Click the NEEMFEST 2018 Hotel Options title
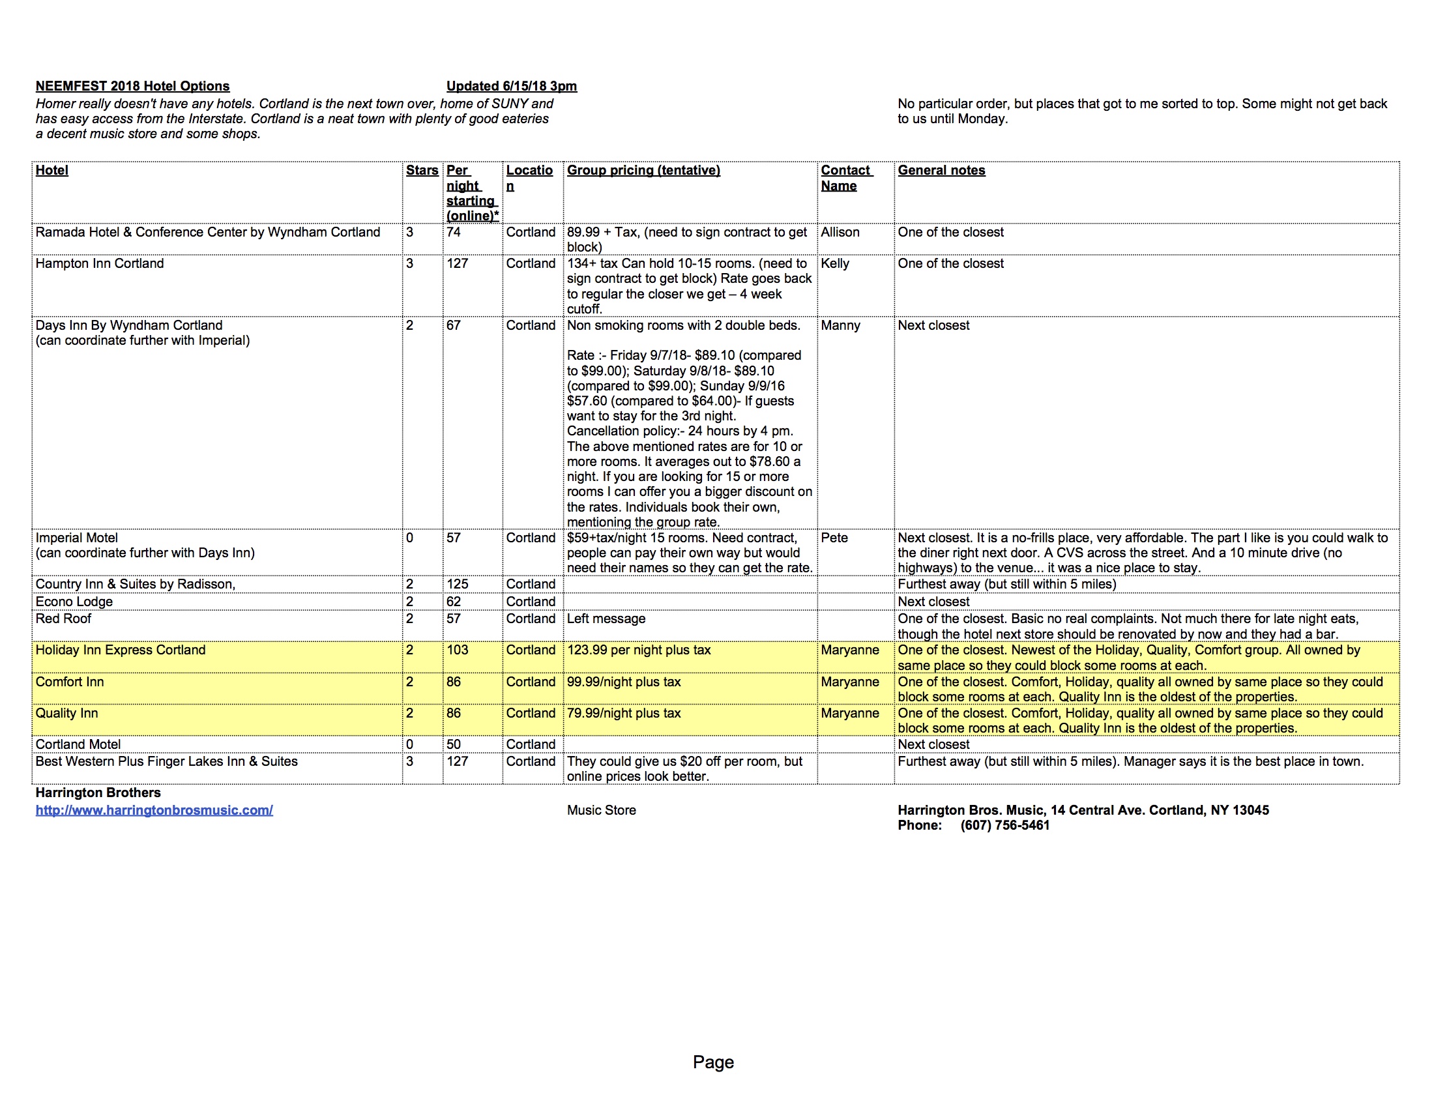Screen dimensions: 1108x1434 pyautogui.click(x=132, y=86)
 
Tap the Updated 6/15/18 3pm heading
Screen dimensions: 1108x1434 pyautogui.click(x=512, y=86)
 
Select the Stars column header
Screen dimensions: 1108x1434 pyautogui.click(x=422, y=170)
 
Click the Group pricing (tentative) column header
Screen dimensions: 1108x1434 pyautogui.click(x=643, y=170)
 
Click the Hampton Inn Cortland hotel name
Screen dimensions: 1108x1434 pyautogui.click(x=100, y=263)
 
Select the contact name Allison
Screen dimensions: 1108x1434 pyautogui.click(x=840, y=233)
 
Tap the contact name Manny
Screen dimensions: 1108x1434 pyautogui.click(x=840, y=326)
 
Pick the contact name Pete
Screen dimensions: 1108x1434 pyautogui.click(x=834, y=538)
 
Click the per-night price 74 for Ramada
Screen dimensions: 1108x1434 pyautogui.click(x=454, y=233)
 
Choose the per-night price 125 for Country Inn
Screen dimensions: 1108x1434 pyautogui.click(x=458, y=584)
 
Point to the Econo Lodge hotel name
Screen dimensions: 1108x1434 pyautogui.click(x=74, y=602)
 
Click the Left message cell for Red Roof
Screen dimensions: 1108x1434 pyautogui.click(x=606, y=619)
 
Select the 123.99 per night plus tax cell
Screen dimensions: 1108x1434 pyautogui.click(x=639, y=650)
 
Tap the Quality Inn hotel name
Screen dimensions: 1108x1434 pyautogui.click(x=67, y=713)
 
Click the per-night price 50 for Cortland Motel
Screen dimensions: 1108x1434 pyautogui.click(x=454, y=744)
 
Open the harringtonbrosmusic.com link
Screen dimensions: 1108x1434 pyautogui.click(x=154, y=810)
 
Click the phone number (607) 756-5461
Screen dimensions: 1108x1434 pyautogui.click(x=1004, y=825)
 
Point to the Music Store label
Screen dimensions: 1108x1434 pyautogui.click(x=602, y=810)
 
